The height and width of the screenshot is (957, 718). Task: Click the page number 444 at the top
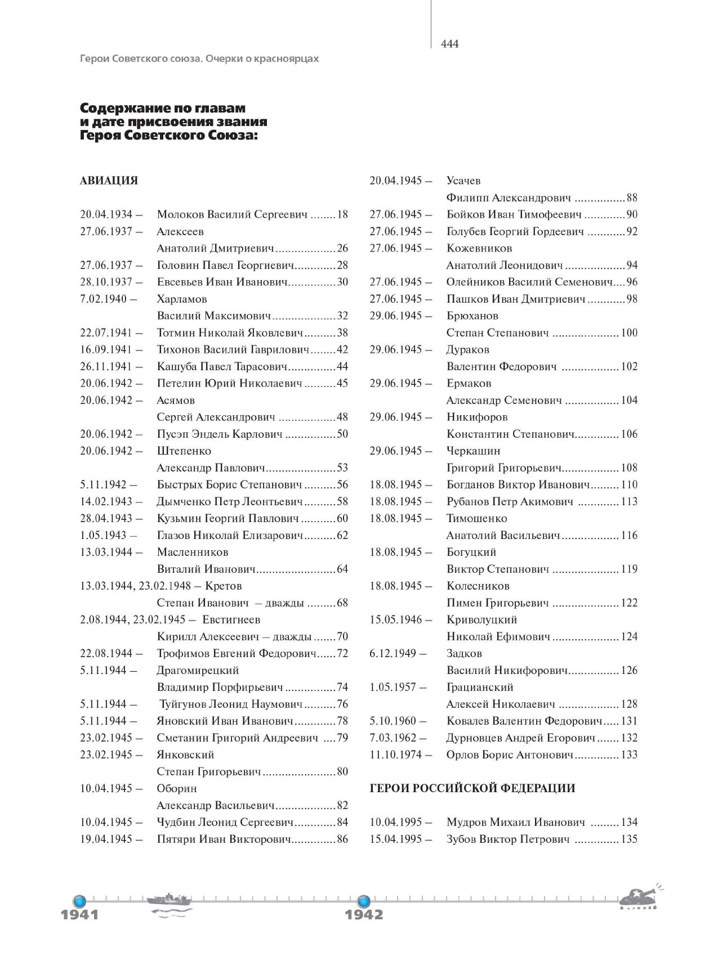pyautogui.click(x=450, y=44)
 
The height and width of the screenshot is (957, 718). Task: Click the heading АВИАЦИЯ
pyautogui.click(x=109, y=181)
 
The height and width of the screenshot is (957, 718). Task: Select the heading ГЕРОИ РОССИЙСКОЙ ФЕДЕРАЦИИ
pyautogui.click(x=472, y=788)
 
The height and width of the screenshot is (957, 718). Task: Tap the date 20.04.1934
pyautogui.click(x=106, y=214)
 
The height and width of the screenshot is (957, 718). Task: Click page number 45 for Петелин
pyautogui.click(x=342, y=383)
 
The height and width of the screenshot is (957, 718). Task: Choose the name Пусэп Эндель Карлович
pyautogui.click(x=220, y=434)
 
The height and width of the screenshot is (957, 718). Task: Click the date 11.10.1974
pyautogui.click(x=396, y=754)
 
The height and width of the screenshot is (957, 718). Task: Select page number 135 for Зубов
pyautogui.click(x=629, y=839)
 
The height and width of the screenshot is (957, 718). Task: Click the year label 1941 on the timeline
pyautogui.click(x=79, y=914)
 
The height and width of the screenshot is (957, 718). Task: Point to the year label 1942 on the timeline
pyautogui.click(x=364, y=914)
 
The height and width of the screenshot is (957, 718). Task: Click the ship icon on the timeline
pyautogui.click(x=170, y=900)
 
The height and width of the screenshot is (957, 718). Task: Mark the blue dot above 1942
pyautogui.click(x=364, y=899)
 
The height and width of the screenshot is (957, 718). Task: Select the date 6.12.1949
pyautogui.click(x=393, y=653)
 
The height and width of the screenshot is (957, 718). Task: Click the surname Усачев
pyautogui.click(x=463, y=181)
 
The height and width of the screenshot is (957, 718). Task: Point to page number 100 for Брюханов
pyautogui.click(x=629, y=333)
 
